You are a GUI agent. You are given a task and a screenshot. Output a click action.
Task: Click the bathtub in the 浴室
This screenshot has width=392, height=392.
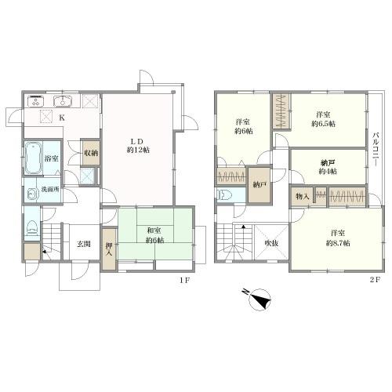pyautogui.click(x=34, y=158)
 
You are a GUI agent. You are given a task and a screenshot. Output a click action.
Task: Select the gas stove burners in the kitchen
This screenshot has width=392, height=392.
pyautogui.click(x=36, y=101)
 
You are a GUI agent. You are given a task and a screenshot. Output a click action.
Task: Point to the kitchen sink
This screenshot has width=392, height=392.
pyautogui.click(x=63, y=101)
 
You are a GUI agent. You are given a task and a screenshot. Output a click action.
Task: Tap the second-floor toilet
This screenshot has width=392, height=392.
pyautogui.click(x=225, y=194)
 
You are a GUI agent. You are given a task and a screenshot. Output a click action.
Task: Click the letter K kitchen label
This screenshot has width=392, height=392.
pyautogui.click(x=61, y=118)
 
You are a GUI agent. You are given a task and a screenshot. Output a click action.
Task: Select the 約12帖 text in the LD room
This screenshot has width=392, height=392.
pyautogui.click(x=138, y=151)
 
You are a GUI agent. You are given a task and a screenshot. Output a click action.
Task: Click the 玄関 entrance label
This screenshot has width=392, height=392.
pyautogui.click(x=84, y=244)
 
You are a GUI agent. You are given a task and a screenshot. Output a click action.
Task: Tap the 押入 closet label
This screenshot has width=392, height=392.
pyautogui.click(x=109, y=249)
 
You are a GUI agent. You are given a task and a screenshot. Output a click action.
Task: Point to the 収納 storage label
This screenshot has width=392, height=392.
pyautogui.click(x=91, y=153)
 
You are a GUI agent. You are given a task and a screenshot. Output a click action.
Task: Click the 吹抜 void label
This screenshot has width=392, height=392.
pyautogui.click(x=271, y=243)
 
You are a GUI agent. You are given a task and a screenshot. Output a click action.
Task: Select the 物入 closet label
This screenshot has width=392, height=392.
pyautogui.click(x=303, y=197)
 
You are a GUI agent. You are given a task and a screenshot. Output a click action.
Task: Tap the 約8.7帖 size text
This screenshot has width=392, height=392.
pyautogui.click(x=338, y=243)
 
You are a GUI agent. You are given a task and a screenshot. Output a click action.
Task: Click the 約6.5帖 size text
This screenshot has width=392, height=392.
pyautogui.click(x=323, y=124)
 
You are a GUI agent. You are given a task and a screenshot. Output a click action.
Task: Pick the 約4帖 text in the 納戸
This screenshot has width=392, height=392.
pyautogui.click(x=328, y=172)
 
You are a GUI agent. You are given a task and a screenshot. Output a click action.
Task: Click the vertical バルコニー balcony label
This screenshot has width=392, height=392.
pyautogui.click(x=376, y=148)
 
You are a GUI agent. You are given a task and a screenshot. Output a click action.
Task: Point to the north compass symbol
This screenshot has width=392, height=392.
pyautogui.click(x=260, y=299)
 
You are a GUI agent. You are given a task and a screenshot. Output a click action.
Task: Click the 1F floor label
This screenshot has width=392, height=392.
pyautogui.click(x=184, y=280)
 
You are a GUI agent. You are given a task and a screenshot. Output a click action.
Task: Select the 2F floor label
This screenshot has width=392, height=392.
pyautogui.click(x=375, y=280)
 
